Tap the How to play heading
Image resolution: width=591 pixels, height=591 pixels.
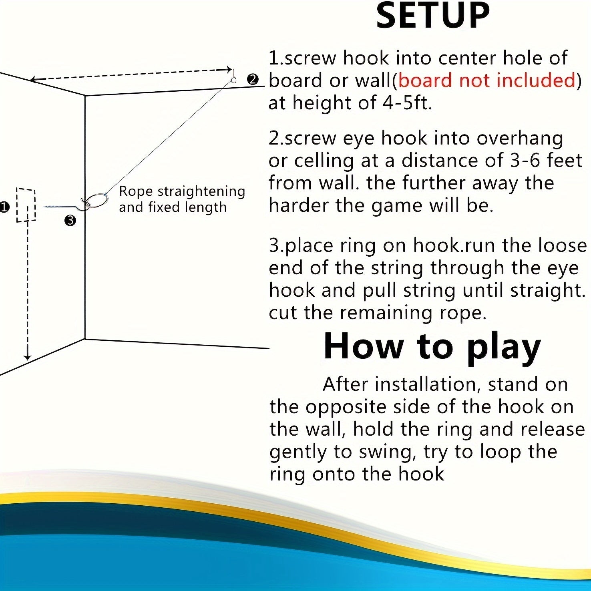(x=432, y=346)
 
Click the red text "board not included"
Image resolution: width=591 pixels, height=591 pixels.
(x=487, y=80)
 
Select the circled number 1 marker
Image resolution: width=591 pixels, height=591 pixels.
(x=4, y=207)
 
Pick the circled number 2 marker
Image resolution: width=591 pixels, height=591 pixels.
(x=253, y=79)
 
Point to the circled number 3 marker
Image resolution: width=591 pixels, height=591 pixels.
(x=70, y=220)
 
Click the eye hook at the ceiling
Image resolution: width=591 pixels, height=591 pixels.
(x=233, y=77)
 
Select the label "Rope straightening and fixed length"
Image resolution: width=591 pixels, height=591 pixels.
(x=182, y=199)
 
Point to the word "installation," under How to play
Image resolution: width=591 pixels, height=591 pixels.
(x=428, y=384)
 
